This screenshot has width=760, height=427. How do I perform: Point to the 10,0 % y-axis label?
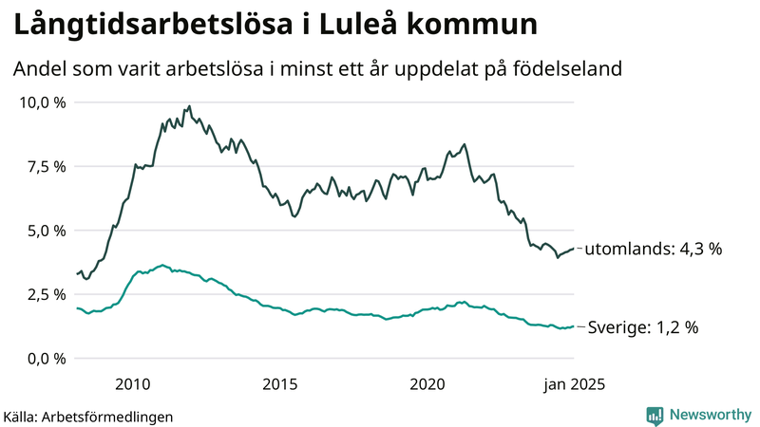(43, 102)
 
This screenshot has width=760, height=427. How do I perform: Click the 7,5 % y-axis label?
(46, 166)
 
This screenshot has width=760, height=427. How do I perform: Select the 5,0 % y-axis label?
(46, 231)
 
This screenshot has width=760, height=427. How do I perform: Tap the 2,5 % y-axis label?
(46, 294)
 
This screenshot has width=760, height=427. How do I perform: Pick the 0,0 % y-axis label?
(46, 359)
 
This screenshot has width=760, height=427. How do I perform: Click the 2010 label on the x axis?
(133, 384)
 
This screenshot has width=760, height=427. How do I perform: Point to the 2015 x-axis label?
(280, 384)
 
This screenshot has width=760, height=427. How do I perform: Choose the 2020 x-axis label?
(427, 384)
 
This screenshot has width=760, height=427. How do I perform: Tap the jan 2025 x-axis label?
(573, 384)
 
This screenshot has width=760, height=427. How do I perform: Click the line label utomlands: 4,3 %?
(653, 250)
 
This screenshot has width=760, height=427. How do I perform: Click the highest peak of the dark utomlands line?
(189, 106)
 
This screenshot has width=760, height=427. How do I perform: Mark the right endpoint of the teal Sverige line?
(574, 326)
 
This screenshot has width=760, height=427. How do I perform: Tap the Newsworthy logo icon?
(655, 415)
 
